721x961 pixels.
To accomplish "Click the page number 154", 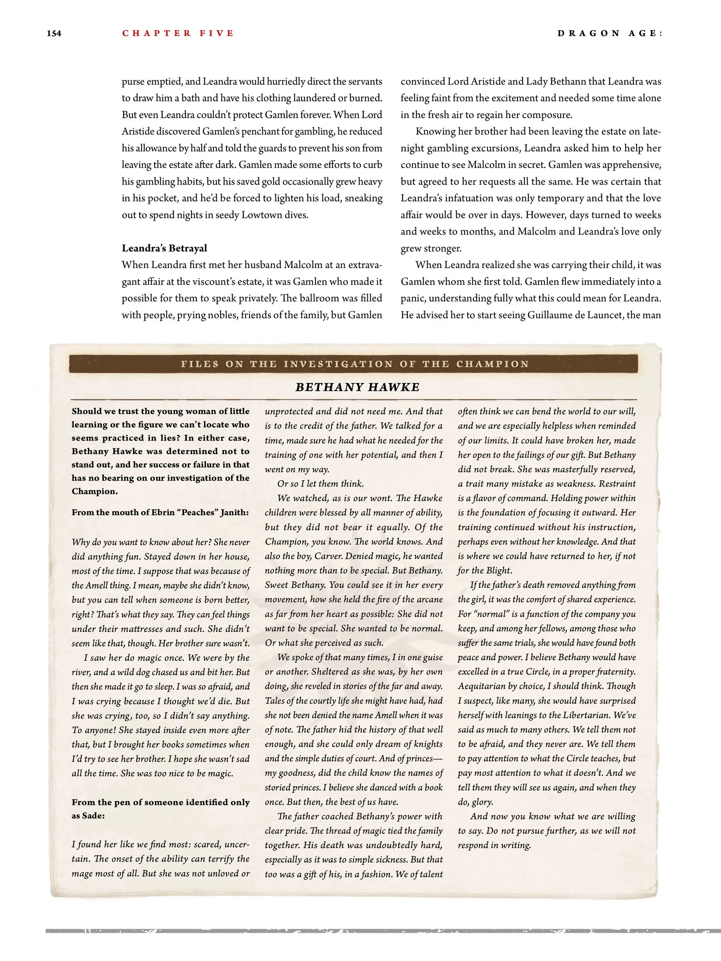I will click(54, 33).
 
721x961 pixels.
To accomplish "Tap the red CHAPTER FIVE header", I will click(178, 33).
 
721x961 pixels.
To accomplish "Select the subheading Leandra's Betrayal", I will click(164, 248).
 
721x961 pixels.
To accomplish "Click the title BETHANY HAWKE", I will click(357, 387).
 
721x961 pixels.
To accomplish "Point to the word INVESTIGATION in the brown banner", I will click(338, 364).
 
